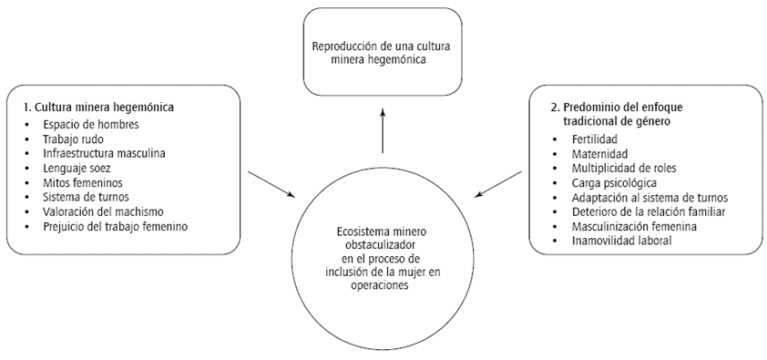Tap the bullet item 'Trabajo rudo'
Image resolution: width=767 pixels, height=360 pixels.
click(71, 139)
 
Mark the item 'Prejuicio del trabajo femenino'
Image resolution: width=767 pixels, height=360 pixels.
click(115, 226)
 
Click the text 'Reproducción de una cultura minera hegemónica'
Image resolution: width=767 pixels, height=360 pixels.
click(382, 51)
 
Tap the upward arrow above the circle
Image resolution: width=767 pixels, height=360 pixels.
click(383, 128)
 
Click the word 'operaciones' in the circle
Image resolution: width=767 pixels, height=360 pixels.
click(383, 284)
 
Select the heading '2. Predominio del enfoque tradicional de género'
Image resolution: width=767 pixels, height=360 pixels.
click(608, 113)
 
